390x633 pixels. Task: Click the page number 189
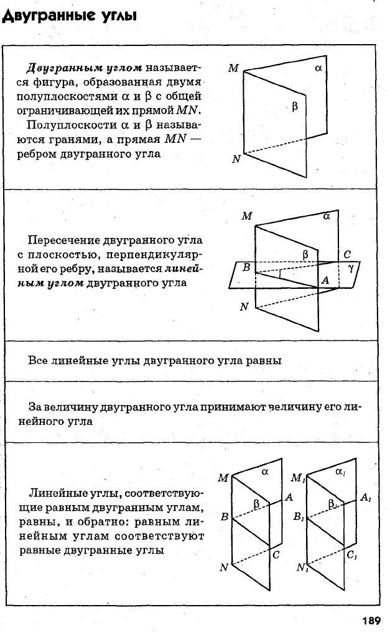coord(371,620)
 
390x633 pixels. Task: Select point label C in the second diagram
coord(346,255)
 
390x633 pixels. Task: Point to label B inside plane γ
coord(246,267)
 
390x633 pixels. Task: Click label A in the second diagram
coord(325,280)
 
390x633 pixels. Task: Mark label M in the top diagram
coord(234,68)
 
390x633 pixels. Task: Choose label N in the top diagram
coord(236,160)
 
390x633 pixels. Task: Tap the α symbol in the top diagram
coord(318,68)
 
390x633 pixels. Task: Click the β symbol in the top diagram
coord(295,107)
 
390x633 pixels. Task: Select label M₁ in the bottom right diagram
coord(299,478)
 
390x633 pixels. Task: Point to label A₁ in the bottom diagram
coord(365,498)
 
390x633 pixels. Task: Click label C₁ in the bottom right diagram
coord(351,555)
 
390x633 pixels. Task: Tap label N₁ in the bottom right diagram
coord(302,568)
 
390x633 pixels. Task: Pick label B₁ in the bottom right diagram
coord(299,517)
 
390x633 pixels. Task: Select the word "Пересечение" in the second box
coord(63,240)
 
